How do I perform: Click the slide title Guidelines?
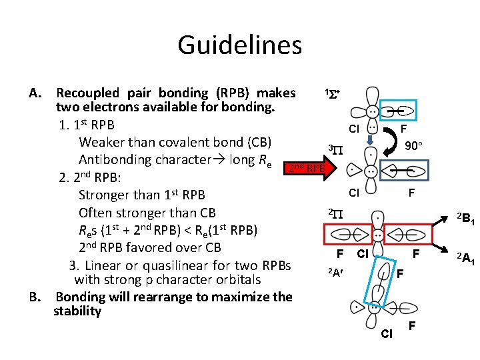click(239, 45)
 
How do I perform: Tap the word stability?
click(77, 311)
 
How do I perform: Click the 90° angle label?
click(415, 146)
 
